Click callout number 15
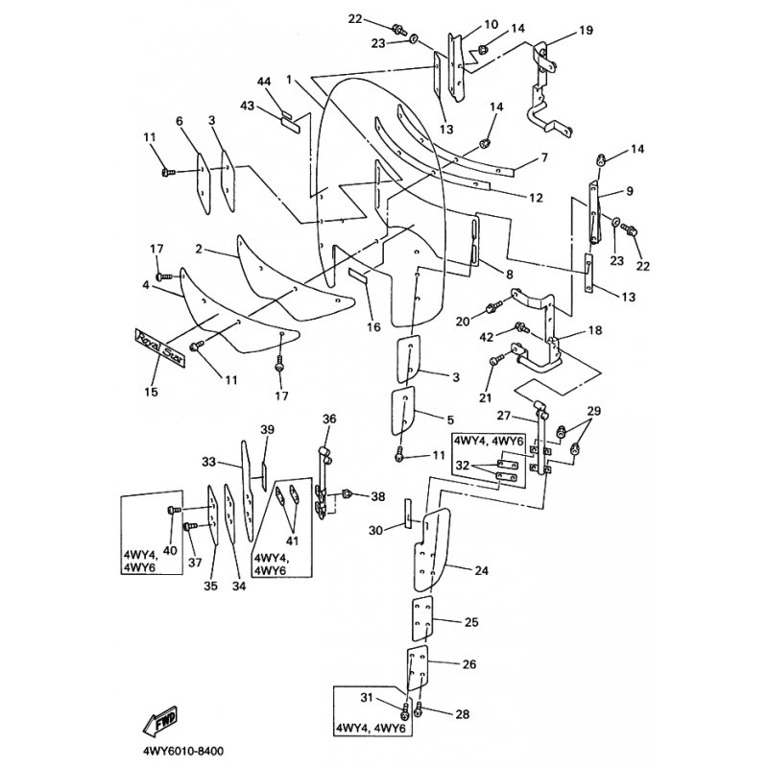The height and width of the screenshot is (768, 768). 151,393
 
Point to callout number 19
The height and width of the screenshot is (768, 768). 586,31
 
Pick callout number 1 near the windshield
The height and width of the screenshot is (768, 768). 289,80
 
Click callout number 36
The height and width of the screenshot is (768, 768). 329,419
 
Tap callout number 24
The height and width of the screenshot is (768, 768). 481,570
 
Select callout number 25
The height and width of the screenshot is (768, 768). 470,623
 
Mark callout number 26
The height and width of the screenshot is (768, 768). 469,664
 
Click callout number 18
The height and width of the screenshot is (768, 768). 596,330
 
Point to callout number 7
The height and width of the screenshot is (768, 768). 543,156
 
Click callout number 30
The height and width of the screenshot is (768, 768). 375,530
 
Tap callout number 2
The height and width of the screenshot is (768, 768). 198,249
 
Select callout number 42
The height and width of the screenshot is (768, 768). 487,336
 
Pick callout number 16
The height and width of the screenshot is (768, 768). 373,326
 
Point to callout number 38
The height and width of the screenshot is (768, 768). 377,496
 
